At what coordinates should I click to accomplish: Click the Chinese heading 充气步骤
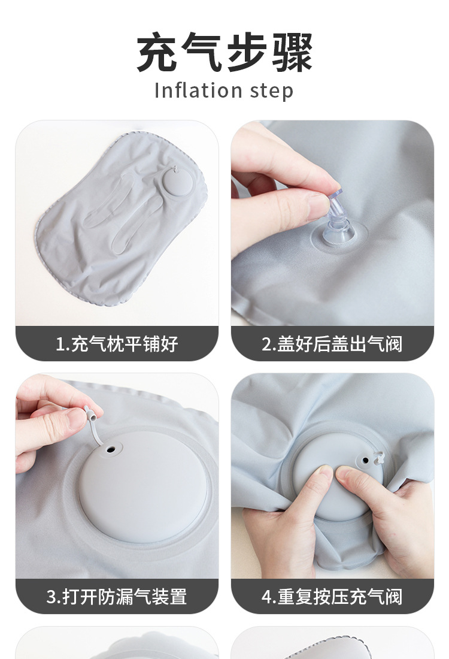point(224,52)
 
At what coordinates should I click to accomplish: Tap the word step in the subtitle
point(271,91)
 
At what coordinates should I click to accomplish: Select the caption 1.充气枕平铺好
point(117,344)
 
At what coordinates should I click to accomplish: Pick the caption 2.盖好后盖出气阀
point(332,344)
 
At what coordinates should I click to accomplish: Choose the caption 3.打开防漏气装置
point(117,596)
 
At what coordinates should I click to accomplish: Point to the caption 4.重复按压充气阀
point(332,596)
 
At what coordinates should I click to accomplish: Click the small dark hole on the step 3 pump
point(111,449)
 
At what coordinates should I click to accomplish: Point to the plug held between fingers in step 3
point(90,414)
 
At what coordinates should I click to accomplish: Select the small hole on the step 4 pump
point(365,460)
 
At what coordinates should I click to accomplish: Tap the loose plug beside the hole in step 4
point(379,458)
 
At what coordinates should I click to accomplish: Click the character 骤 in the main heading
point(292,52)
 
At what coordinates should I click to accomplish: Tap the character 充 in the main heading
point(157,52)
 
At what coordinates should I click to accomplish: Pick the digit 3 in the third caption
point(51,597)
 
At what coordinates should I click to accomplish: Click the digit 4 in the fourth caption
point(266,597)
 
